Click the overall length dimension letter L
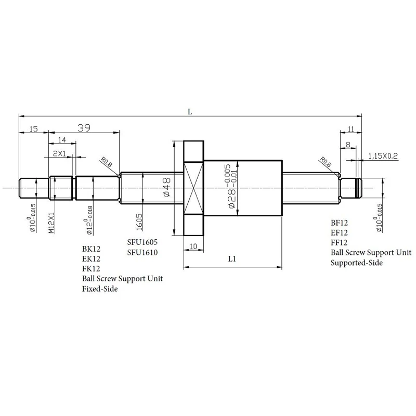(190, 111)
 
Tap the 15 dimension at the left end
(33, 129)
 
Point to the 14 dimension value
(62, 139)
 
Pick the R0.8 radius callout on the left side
(107, 164)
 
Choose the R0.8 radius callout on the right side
(327, 163)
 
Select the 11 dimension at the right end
(350, 129)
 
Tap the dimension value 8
(347, 144)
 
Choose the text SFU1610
(142, 252)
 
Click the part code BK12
(91, 249)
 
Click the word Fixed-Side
(100, 289)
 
